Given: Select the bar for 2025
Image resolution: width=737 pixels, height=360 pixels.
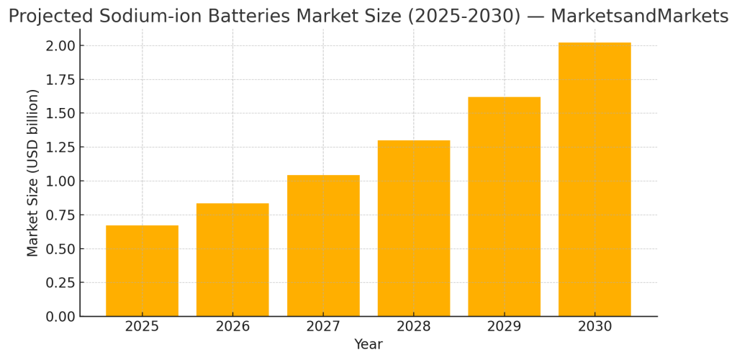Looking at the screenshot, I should (142, 271).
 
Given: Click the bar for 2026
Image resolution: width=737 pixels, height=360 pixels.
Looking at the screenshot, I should (232, 259).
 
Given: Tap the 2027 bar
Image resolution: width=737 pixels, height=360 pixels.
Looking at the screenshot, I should (323, 246).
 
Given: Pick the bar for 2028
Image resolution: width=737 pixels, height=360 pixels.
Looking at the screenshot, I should (414, 228).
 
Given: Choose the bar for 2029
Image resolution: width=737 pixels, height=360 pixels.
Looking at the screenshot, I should (504, 207).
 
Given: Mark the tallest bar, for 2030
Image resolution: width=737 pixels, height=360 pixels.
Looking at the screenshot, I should (594, 179).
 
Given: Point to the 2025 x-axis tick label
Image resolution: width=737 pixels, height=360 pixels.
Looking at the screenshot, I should (142, 327).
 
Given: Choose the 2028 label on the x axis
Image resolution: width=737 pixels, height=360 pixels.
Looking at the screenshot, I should (414, 327).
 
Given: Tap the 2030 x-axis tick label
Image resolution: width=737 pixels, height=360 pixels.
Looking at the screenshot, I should (594, 327).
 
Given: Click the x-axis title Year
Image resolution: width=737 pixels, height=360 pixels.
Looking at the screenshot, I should (368, 345).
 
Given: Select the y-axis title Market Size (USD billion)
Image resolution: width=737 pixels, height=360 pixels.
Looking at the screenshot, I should (33, 173).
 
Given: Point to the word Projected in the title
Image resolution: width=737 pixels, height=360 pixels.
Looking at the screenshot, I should (47, 16).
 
